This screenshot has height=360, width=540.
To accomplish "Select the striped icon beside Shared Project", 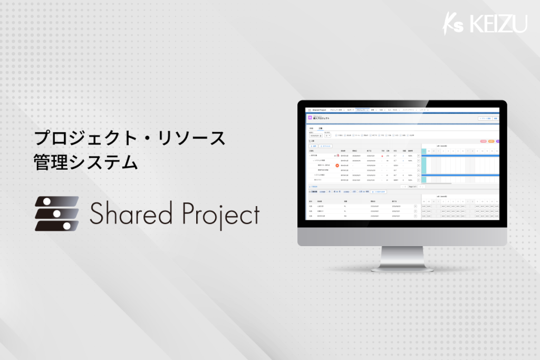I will (56, 213).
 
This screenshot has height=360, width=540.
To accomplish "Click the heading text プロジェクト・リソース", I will (129, 139).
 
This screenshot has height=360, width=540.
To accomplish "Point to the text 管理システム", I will (85, 162).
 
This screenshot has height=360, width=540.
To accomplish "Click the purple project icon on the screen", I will (310, 119).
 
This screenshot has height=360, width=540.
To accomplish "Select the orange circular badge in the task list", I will (337, 166).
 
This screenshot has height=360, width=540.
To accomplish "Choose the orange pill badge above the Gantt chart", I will (491, 141).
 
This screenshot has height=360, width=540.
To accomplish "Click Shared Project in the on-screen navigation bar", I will (320, 110).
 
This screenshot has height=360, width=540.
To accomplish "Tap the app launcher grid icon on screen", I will (310, 110).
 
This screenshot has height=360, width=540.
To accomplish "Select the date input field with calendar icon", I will (315, 135).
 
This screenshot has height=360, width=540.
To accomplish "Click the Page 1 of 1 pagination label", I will (412, 187).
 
